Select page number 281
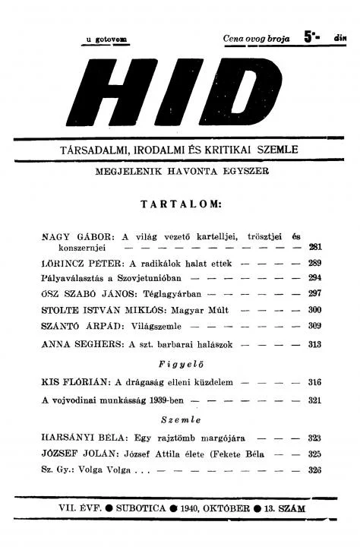pos(315,247)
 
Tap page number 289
pos(315,263)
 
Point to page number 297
pos(315,293)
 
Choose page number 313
pos(315,343)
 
